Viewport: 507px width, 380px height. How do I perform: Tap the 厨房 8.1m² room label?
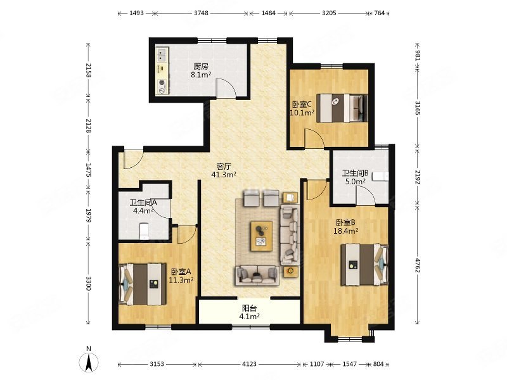201,71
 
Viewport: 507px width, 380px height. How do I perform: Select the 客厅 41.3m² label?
224,170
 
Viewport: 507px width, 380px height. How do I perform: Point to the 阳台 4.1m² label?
249,312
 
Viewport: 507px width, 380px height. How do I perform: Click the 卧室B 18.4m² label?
345,227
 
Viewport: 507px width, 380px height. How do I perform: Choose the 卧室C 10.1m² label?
302,108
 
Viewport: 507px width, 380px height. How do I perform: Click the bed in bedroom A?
143,284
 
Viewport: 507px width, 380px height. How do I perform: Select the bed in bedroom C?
342,108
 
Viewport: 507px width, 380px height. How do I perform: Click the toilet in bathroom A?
144,231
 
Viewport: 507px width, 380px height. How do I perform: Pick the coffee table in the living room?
262,236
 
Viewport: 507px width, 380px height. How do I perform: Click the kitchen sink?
162,54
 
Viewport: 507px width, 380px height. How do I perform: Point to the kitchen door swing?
226,87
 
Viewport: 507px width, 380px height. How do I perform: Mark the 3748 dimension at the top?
201,13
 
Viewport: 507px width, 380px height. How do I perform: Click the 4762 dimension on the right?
418,265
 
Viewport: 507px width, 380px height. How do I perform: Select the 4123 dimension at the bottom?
249,364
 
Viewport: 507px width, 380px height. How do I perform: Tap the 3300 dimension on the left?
88,282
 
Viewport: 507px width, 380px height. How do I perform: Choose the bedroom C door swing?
314,139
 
